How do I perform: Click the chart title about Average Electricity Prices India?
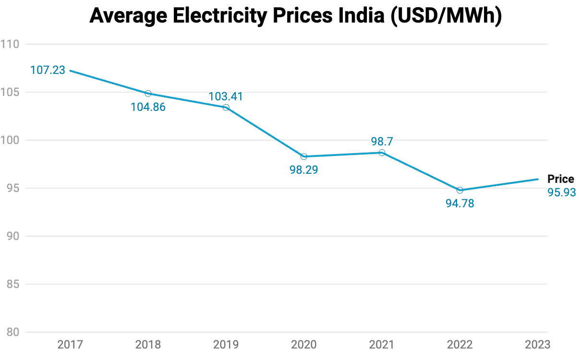(296, 16)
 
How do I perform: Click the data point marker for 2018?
(148, 94)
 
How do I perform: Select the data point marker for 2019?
(226, 108)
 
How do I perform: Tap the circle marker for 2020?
(304, 156)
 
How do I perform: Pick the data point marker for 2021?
(382, 153)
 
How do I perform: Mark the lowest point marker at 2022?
(460, 190)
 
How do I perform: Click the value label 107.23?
(48, 70)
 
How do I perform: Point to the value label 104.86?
(148, 107)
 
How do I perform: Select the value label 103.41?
(226, 96)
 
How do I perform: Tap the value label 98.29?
(304, 169)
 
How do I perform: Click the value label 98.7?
(382, 141)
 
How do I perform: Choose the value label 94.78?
(460, 204)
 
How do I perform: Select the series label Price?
(561, 179)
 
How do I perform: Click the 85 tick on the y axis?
(12, 284)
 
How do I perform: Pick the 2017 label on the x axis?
(70, 344)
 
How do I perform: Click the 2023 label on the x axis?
(537, 344)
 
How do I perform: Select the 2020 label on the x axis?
(304, 344)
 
